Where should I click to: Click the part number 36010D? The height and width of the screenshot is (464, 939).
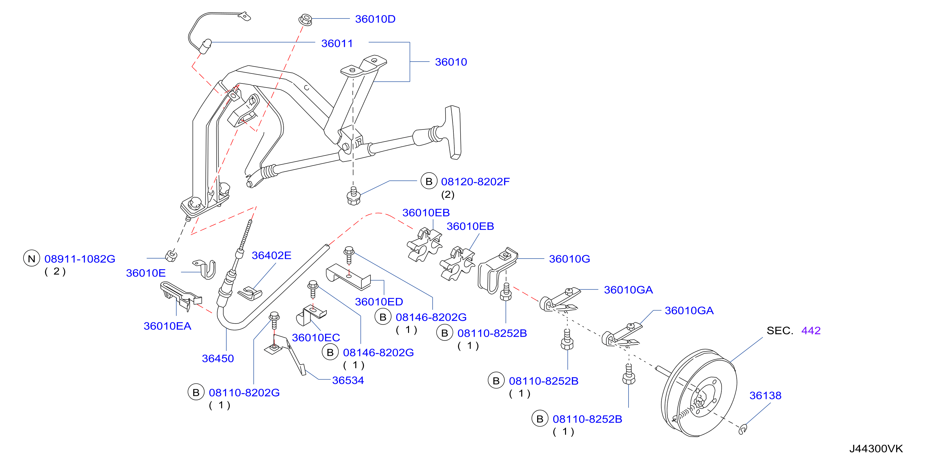(x=375, y=19)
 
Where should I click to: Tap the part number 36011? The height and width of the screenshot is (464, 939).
(x=337, y=43)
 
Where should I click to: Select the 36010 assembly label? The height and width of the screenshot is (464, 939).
(x=451, y=62)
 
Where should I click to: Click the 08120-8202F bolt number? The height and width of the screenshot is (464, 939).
(x=475, y=182)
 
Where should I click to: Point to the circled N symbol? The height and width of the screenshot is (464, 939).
(x=32, y=259)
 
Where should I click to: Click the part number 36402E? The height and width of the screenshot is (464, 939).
(x=271, y=255)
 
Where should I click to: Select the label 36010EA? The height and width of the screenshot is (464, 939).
(x=167, y=326)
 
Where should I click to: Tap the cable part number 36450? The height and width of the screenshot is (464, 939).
(x=218, y=358)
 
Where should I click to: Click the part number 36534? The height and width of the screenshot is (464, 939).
(x=348, y=380)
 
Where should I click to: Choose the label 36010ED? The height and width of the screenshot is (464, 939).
(x=379, y=302)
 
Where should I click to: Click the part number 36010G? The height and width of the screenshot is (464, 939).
(x=569, y=259)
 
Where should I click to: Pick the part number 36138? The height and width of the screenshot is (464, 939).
(x=765, y=396)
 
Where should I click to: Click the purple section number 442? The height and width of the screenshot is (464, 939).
(x=811, y=330)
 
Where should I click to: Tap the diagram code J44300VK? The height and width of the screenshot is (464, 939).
(x=876, y=449)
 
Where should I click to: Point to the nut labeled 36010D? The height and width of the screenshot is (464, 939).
(x=305, y=19)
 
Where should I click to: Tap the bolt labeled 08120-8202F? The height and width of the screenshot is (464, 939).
(x=353, y=196)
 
